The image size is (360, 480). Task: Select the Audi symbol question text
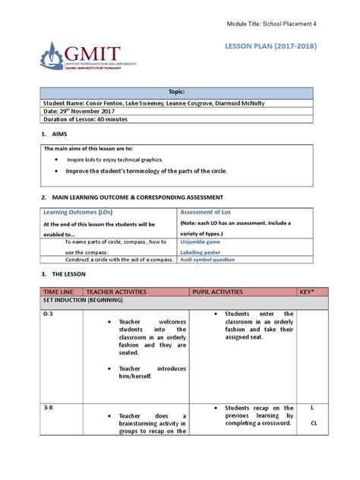pos(207,260)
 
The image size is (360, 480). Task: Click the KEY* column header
pos(311,290)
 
